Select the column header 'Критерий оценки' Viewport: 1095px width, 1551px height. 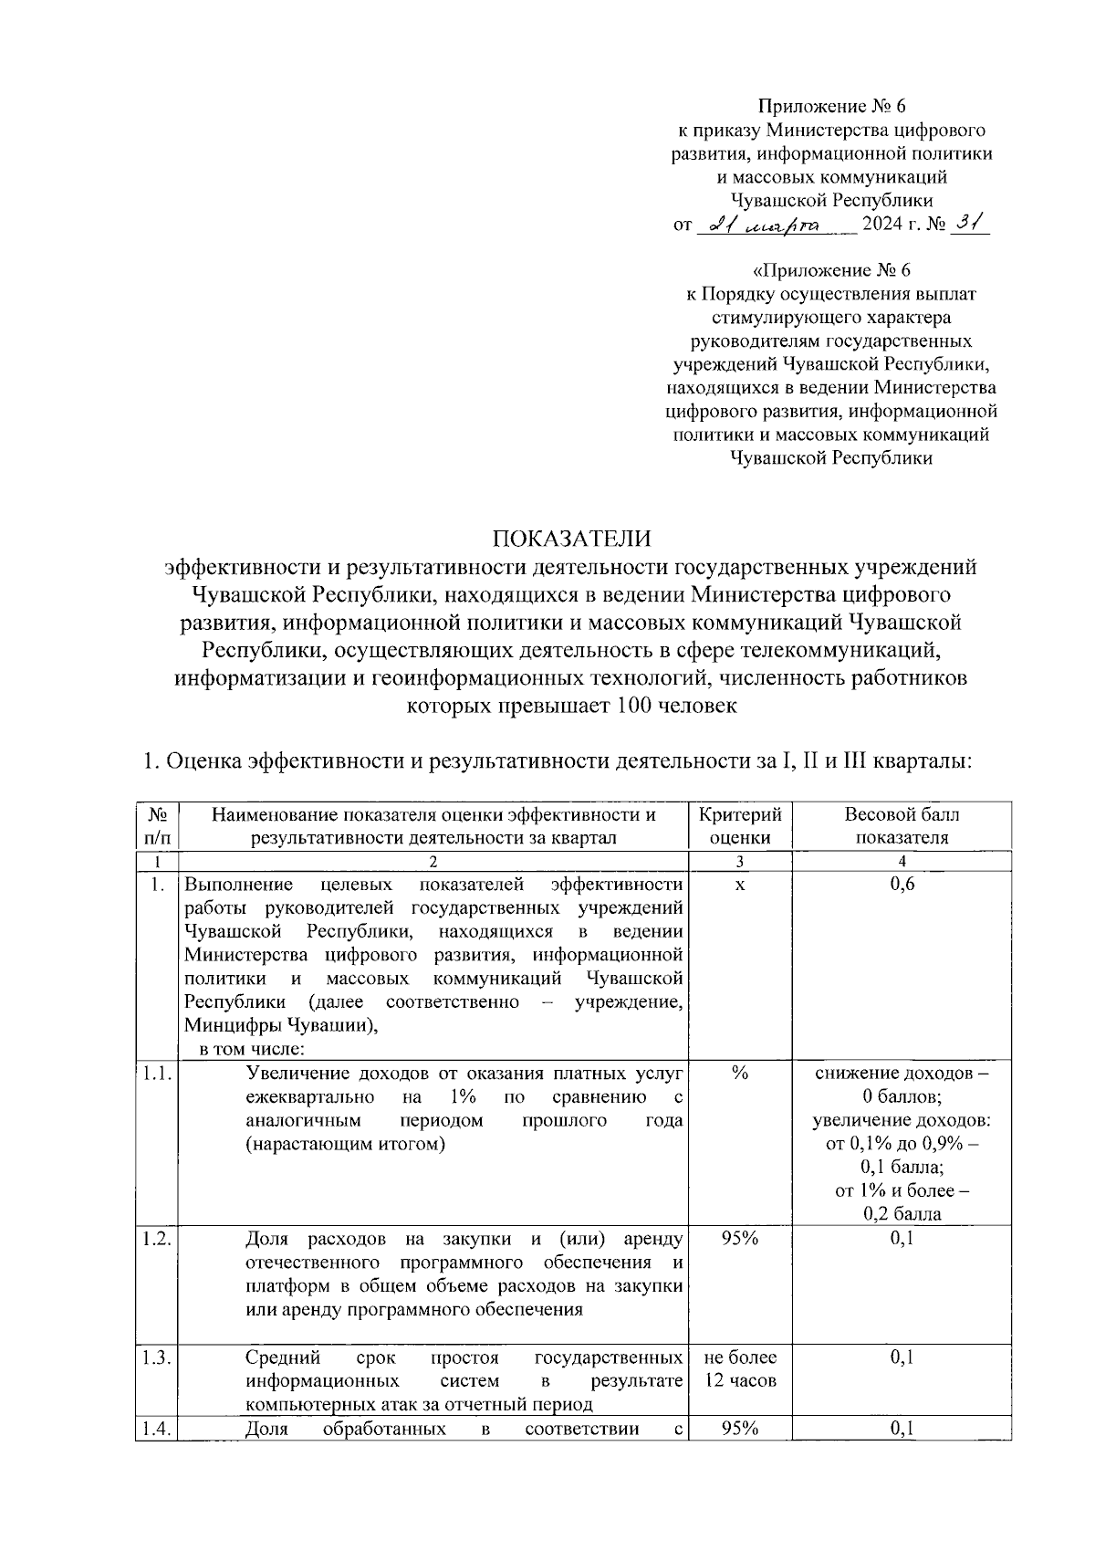point(739,826)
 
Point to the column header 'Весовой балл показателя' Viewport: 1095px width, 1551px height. point(902,826)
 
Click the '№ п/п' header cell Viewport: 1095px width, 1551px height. point(156,826)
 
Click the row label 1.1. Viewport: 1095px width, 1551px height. point(156,1074)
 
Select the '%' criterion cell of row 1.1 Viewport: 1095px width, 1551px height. point(739,1074)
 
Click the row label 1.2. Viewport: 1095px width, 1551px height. point(156,1239)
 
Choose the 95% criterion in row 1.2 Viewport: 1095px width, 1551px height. point(739,1239)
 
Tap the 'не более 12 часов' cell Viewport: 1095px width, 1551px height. point(739,1368)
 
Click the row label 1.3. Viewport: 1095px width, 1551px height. point(156,1357)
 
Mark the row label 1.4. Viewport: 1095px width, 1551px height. point(156,1430)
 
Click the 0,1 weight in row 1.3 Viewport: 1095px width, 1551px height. point(902,1357)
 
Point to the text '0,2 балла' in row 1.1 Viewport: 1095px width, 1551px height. point(902,1214)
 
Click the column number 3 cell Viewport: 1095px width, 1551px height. point(739,862)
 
